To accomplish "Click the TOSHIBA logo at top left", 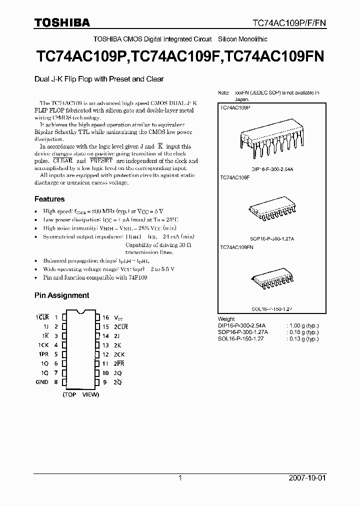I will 62,22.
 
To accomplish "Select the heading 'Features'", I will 49,199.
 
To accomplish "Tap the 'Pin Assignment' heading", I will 61,295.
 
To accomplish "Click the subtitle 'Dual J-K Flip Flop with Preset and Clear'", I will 99,79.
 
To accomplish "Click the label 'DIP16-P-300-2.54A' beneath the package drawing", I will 272,170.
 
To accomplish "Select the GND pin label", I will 42,382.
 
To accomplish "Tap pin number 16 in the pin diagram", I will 105,317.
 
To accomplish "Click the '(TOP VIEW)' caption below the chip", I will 81,395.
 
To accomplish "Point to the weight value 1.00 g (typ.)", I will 303,325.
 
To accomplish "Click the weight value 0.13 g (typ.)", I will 303,338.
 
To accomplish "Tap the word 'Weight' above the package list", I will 226,319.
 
